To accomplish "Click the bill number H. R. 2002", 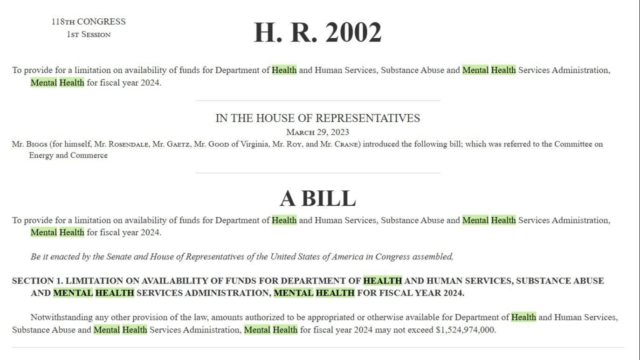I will [x=317, y=33].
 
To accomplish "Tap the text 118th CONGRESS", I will [x=89, y=22].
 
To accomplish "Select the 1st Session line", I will [x=89, y=35].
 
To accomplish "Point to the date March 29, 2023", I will [x=317, y=132].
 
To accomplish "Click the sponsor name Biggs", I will [x=37, y=144].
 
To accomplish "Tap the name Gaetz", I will [x=177, y=144].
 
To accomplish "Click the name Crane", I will [x=347, y=144].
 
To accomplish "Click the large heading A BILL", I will [x=317, y=198].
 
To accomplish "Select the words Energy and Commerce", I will [x=68, y=155].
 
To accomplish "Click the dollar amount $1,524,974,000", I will [x=466, y=330].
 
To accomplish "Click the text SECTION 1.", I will [x=37, y=281].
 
